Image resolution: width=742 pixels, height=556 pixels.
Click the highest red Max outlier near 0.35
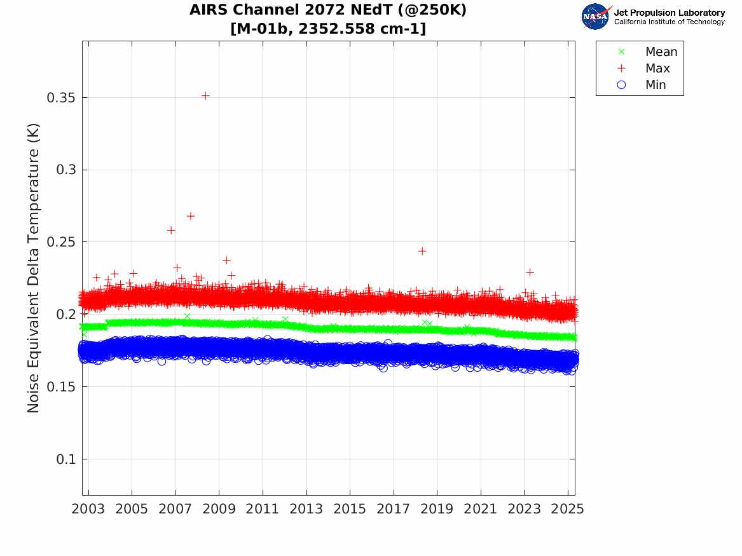coord(205,96)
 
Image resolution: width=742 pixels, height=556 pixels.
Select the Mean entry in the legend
coord(661,52)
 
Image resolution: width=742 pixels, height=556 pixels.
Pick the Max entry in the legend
coord(657,69)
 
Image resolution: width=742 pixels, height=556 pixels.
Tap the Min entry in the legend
coord(656,85)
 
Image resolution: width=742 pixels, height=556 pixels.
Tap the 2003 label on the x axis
coord(88,509)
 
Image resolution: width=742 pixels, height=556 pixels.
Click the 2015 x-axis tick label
coord(350,509)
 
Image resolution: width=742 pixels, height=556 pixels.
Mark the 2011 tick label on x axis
coord(263,509)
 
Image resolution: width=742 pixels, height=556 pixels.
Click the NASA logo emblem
coord(596,17)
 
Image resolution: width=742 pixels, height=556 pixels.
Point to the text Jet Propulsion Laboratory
coord(669,13)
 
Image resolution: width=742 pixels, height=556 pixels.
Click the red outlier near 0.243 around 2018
coord(422,251)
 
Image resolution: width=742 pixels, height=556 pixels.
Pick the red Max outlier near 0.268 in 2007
coord(190,216)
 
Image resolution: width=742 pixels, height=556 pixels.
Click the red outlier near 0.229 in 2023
coord(530,272)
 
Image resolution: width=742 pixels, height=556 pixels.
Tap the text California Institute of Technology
coord(669,22)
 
